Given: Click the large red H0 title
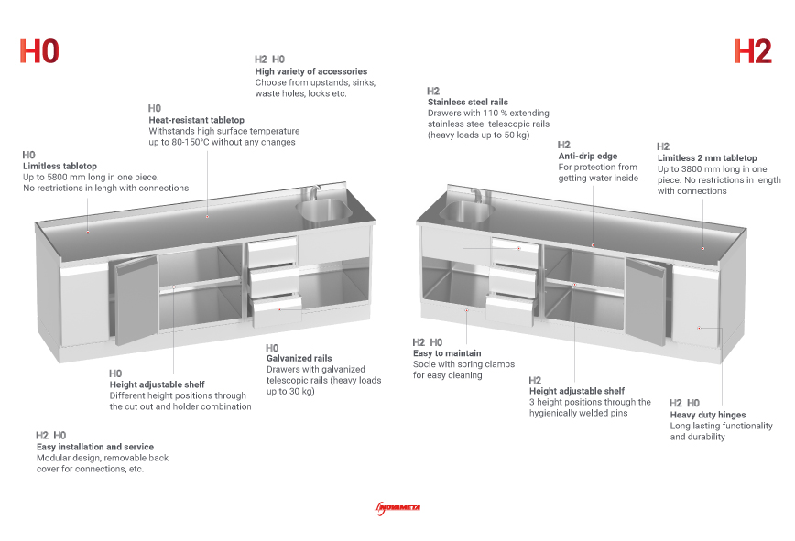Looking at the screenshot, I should (39, 51).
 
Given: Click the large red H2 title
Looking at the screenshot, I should (753, 51).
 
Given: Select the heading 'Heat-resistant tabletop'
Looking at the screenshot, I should (196, 120).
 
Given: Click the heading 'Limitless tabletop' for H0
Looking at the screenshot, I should (60, 166).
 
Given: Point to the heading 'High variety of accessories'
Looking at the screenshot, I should (311, 71).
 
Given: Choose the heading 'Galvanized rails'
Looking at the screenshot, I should (299, 358).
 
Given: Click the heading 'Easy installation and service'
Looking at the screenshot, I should (95, 447).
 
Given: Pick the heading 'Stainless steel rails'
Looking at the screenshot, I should (467, 102).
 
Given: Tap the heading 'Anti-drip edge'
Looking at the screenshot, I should (587, 156).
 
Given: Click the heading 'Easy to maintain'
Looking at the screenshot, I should (447, 352).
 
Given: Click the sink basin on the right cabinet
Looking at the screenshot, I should (463, 211).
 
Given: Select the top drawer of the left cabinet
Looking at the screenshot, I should (274, 248).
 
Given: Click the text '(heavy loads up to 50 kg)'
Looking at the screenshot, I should (478, 135).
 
